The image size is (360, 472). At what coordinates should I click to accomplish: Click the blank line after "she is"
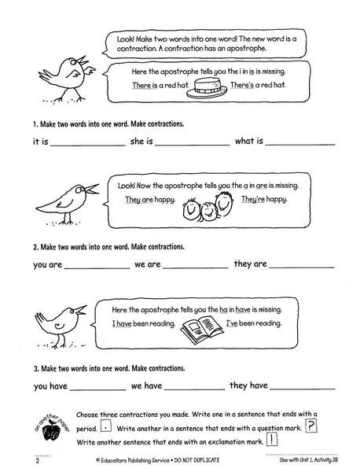click(192, 145)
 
